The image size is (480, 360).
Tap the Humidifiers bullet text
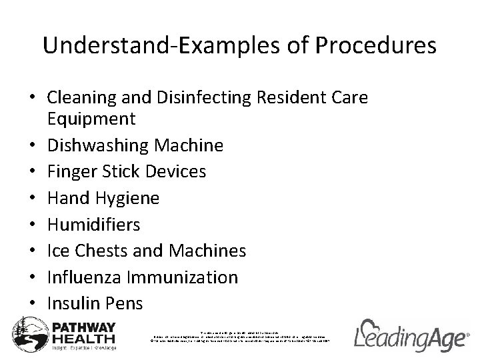point(94,224)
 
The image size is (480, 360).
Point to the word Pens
point(125,303)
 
